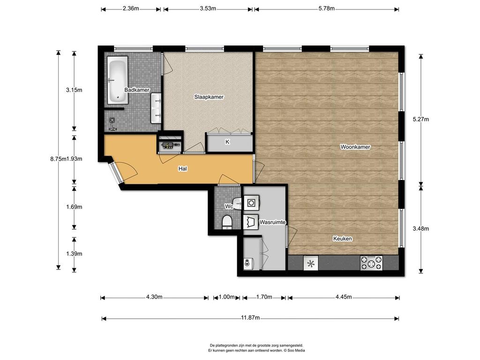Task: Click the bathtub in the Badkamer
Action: (117, 80)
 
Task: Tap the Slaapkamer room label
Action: (209, 97)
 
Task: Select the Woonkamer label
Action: (355, 147)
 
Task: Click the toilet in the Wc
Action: (227, 222)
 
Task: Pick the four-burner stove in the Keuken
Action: (371, 263)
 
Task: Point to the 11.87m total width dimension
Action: (250, 318)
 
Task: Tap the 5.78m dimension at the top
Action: (327, 8)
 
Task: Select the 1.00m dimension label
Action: (226, 297)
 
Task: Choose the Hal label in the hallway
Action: (183, 169)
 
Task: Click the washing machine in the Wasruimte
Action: (251, 202)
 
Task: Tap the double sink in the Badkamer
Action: (156, 108)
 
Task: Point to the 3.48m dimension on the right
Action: (420, 228)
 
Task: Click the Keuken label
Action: (343, 239)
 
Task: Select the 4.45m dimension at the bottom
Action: (344, 297)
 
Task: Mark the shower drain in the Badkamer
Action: (112, 120)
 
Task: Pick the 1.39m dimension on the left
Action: (74, 254)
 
